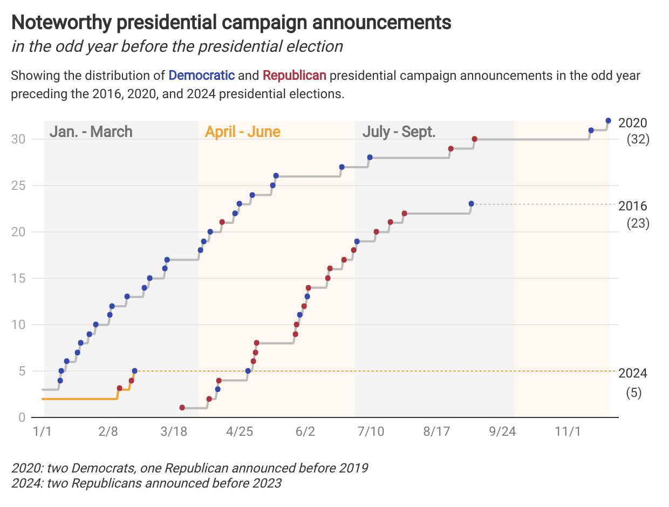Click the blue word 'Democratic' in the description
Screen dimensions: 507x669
202,75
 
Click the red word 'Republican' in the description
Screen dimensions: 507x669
295,75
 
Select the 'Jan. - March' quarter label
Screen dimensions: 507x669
91,132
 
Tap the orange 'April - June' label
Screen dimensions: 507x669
242,132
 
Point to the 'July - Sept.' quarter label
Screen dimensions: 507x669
399,132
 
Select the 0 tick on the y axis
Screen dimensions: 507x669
22,417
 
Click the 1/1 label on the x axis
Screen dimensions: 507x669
42,432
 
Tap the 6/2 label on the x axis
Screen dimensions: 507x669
305,432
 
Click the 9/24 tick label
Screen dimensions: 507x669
502,432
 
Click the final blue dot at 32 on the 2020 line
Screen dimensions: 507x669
608,121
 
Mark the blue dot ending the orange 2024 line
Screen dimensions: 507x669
134,371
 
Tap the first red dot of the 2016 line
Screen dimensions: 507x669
182,408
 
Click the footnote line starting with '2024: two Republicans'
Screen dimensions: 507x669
146,483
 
